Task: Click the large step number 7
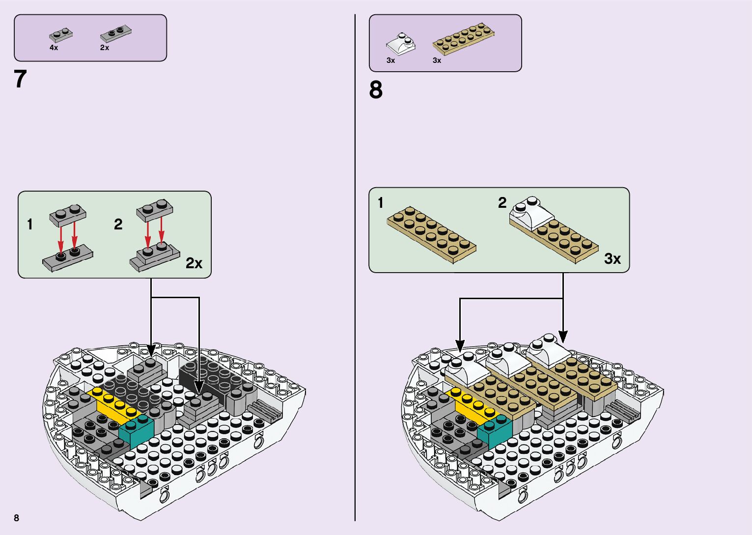coord(20,79)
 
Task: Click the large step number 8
coord(376,90)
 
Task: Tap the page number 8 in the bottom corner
coord(17,518)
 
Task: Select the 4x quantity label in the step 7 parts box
coord(54,48)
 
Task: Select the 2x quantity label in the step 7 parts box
coord(105,48)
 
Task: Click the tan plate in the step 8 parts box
coord(463,38)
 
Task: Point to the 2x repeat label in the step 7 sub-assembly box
coord(194,263)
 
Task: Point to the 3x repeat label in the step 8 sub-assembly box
coord(612,258)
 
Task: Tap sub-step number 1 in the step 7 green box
coord(30,225)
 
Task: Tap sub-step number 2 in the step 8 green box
coord(502,202)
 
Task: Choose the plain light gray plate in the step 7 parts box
coord(61,35)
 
